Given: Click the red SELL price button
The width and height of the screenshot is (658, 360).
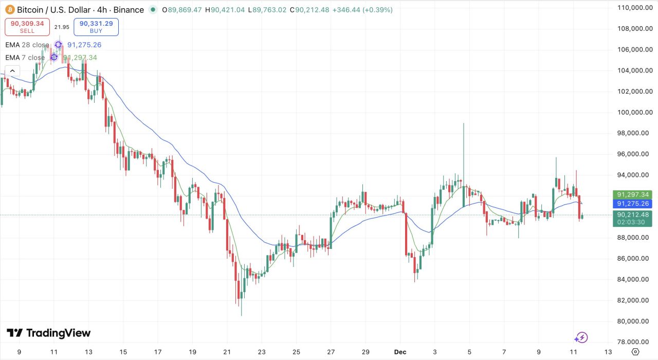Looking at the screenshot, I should (27, 27).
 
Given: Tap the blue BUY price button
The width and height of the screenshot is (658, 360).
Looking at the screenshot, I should (96, 27).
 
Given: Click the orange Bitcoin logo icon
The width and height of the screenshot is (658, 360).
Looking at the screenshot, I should (10, 10).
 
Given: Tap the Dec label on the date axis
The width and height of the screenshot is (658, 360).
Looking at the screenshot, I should (400, 352).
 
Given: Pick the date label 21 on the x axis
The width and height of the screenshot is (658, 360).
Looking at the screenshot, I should (227, 352).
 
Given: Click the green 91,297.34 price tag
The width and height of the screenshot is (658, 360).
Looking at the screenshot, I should (632, 194).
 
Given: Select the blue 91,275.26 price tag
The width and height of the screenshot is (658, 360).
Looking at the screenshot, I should (632, 204).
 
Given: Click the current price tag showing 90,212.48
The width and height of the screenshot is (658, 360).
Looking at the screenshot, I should (632, 214).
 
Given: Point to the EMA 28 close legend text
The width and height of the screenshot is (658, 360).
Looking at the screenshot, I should (27, 45).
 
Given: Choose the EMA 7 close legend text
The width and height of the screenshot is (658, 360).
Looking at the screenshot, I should (25, 58).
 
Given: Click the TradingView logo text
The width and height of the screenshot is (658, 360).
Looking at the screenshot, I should (49, 333).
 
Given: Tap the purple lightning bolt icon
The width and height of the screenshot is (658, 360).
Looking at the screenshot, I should (581, 337).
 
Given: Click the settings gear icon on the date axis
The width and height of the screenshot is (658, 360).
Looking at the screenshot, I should (635, 352).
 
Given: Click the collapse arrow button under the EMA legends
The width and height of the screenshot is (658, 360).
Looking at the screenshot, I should (12, 71).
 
